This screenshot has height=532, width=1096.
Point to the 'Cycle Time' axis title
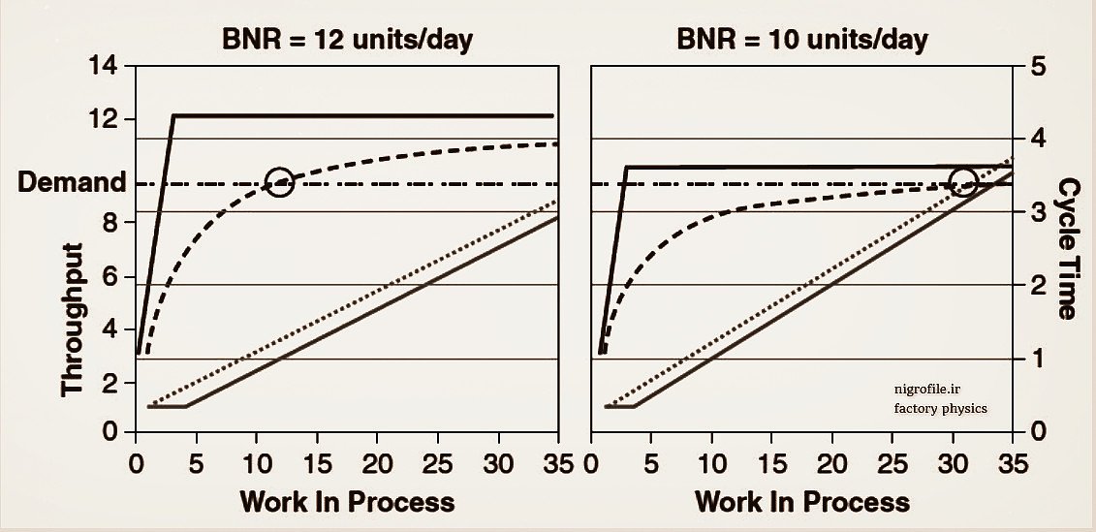(x=1068, y=247)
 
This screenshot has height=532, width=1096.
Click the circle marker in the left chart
(x=280, y=181)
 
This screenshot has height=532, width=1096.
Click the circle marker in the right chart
(x=962, y=181)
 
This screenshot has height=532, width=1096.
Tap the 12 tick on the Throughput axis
(x=103, y=119)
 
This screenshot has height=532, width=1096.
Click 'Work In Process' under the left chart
(x=346, y=501)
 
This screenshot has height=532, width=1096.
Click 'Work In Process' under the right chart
(x=802, y=501)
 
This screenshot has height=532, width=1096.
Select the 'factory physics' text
(x=940, y=408)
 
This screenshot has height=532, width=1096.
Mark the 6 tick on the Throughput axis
(x=107, y=276)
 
